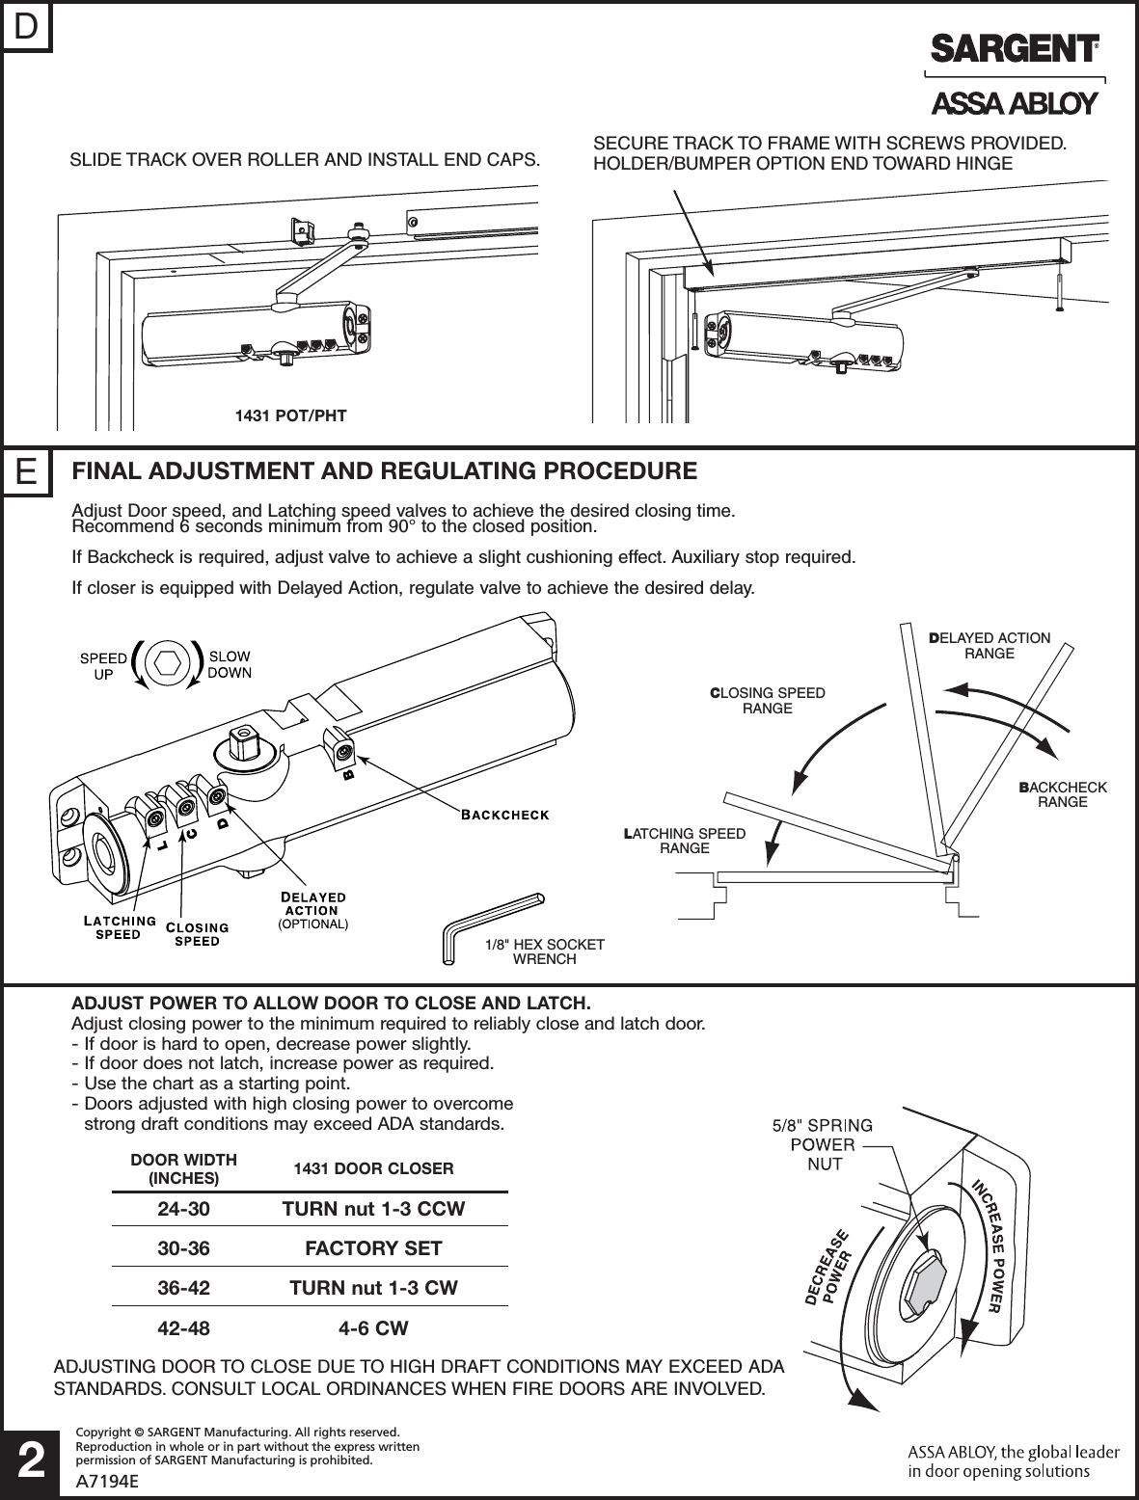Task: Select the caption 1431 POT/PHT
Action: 290,415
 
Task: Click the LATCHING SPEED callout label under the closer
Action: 119,926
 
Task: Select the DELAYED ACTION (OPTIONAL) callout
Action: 312,910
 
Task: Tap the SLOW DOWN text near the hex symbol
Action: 230,664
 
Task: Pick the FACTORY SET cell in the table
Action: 373,1248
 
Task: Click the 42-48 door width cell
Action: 183,1328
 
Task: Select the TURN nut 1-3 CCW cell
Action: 373,1208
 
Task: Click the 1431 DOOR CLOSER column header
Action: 373,1168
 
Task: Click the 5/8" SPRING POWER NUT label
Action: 824,1144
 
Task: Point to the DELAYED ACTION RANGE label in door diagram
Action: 990,646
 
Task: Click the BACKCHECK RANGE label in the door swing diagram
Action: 1063,794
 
